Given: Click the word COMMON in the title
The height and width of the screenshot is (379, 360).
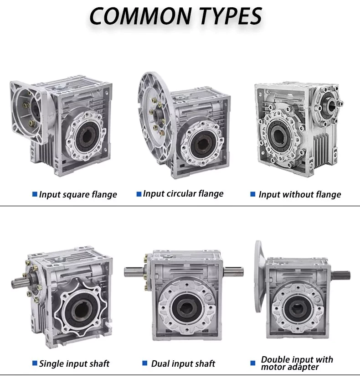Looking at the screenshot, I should coord(134,16).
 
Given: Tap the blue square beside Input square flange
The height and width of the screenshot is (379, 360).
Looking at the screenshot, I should coord(34,194).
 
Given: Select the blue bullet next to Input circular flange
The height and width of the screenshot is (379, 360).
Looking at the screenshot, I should coord(139,194).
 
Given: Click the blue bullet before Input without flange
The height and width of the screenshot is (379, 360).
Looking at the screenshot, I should coord(253,194).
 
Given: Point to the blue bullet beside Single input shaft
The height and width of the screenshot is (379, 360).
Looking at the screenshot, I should coord(34,363).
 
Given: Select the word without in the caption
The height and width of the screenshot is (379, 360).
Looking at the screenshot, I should coord(297,195).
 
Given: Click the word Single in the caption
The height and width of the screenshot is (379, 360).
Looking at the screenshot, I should coord(51,363).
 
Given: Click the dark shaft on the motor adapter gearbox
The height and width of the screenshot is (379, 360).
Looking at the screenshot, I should coord(341,275).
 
